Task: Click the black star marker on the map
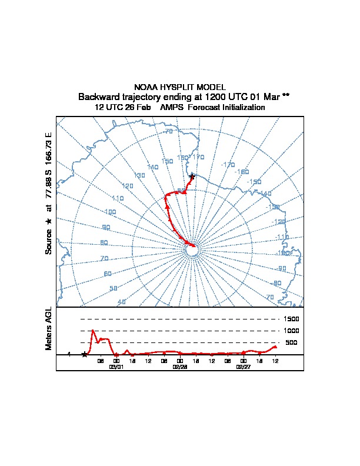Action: [x=192, y=176]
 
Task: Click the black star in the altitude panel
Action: [x=85, y=354]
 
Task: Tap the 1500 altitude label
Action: [x=292, y=319]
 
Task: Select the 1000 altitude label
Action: [x=292, y=331]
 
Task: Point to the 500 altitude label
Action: [x=291, y=342]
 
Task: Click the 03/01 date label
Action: [x=116, y=366]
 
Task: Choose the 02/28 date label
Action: [x=179, y=366]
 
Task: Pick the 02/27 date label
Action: [x=243, y=366]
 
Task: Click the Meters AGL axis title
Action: [x=49, y=328]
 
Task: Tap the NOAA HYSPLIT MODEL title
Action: [x=180, y=87]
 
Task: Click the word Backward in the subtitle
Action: [x=98, y=96]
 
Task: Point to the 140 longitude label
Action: [x=153, y=167]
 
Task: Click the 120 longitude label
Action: [x=128, y=186]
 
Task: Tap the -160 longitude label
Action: [x=242, y=172]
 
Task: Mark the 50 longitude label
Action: [x=114, y=288]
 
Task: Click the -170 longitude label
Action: [x=228, y=164]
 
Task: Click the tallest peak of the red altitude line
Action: [x=93, y=331]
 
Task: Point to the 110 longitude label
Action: [x=118, y=198]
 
